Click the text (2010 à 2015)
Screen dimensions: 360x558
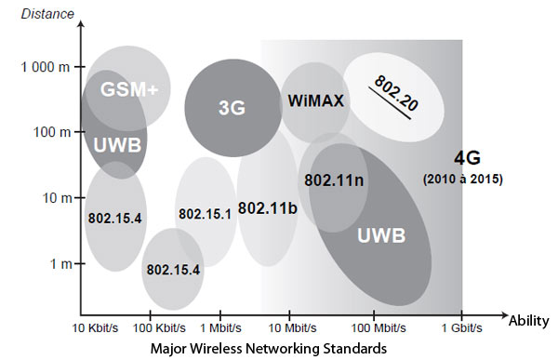[462, 178]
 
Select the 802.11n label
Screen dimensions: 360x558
[332, 180]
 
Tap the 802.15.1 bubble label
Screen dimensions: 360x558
[204, 214]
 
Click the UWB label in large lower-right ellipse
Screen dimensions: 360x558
[381, 236]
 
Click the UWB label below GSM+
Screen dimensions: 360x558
[114, 145]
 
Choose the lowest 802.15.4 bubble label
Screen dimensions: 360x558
[172, 270]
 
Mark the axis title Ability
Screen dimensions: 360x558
[527, 321]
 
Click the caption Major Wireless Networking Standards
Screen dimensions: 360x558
[270, 350]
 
